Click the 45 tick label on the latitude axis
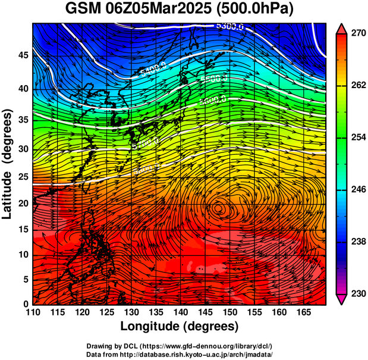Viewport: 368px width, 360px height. [22, 55]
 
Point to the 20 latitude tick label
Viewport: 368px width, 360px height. [22, 204]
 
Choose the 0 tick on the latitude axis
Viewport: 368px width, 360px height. [25, 304]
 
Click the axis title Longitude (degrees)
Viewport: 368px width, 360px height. [179, 326]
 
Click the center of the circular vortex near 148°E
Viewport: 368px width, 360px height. [219, 208]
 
